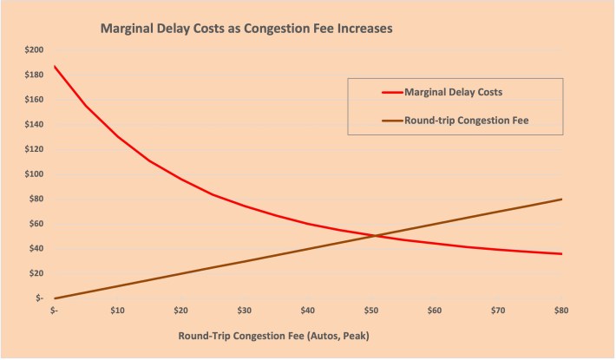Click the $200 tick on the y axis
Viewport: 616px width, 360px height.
click(33, 49)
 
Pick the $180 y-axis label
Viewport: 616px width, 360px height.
click(33, 75)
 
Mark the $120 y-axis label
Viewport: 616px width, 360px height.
click(33, 148)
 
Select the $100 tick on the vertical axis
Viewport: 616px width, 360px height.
click(33, 173)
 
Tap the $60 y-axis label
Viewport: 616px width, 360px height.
click(35, 223)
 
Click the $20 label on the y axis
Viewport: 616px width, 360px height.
click(35, 272)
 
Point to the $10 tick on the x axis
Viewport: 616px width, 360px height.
click(118, 309)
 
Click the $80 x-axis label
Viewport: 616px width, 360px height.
click(562, 309)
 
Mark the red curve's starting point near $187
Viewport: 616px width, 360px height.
click(54, 66)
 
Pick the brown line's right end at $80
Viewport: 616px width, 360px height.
click(562, 200)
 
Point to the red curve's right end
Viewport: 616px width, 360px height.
click(562, 253)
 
